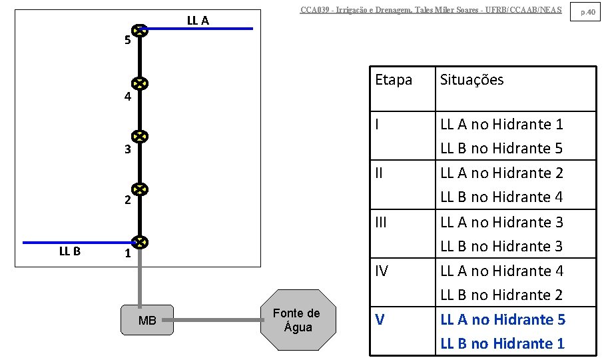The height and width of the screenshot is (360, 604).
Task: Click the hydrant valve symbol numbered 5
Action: click(139, 30)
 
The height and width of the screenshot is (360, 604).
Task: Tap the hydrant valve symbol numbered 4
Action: click(139, 84)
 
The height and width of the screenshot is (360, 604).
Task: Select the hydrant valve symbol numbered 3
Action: click(139, 137)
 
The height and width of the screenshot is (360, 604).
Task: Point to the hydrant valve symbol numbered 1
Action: click(139, 242)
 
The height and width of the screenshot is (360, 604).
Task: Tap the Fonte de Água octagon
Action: click(296, 320)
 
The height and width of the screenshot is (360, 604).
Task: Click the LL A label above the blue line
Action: click(198, 21)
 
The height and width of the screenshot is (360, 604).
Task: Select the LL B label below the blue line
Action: click(69, 251)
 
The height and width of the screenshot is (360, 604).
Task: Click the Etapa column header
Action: click(394, 80)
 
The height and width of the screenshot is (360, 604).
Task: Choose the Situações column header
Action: click(471, 80)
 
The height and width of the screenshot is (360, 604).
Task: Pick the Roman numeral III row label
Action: click(381, 222)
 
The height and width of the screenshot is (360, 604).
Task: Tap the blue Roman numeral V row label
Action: click(380, 319)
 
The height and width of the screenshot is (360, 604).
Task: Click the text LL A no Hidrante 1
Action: click(501, 124)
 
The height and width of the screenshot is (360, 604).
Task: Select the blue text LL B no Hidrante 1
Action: click(502, 343)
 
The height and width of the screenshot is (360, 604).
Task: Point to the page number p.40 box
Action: click(587, 12)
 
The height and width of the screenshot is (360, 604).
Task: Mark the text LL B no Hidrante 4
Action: click(501, 197)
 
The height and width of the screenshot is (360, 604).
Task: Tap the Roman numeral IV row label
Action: click(382, 271)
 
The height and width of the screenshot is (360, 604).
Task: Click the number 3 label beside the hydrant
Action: click(128, 149)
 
